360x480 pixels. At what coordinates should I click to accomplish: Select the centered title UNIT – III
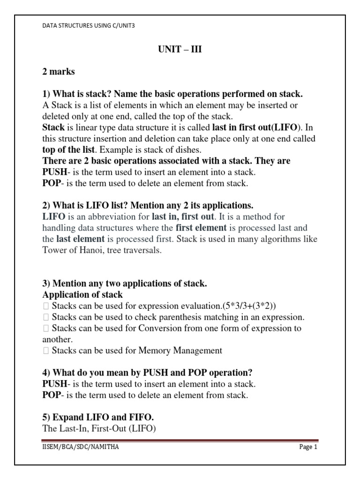click(180, 50)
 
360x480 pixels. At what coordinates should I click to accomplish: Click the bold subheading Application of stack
click(82, 295)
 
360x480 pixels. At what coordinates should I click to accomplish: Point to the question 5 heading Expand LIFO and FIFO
click(98, 417)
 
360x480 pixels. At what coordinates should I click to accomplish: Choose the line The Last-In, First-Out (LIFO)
click(98, 428)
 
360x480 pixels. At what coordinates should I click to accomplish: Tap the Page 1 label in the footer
click(308, 447)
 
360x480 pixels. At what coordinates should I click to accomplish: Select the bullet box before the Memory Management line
click(45, 351)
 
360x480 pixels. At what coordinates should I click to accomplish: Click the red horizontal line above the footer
click(180, 441)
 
